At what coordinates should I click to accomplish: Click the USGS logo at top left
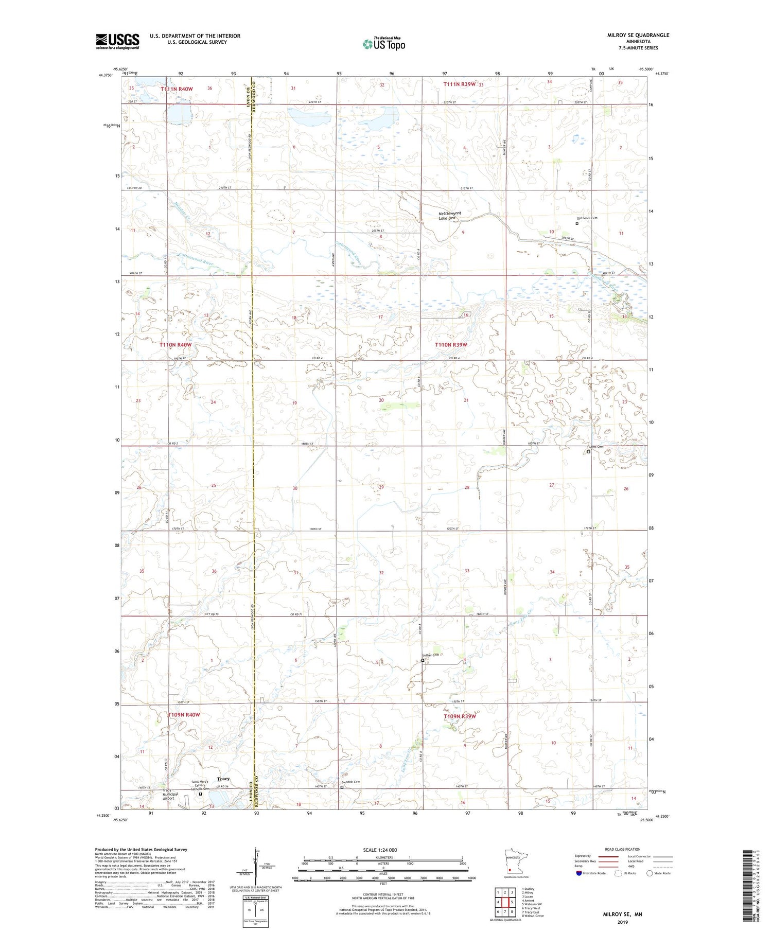(117, 41)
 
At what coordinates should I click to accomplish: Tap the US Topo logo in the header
(384, 44)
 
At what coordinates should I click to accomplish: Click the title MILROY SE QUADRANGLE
(638, 35)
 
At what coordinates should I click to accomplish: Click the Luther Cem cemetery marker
(423, 660)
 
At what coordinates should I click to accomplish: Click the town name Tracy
(223, 779)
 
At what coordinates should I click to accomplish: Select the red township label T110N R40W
(176, 344)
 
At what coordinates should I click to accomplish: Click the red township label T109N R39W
(460, 716)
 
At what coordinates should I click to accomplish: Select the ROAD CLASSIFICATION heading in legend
(623, 849)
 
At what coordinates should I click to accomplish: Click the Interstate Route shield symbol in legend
(578, 873)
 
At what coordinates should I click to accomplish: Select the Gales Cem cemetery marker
(589, 452)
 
